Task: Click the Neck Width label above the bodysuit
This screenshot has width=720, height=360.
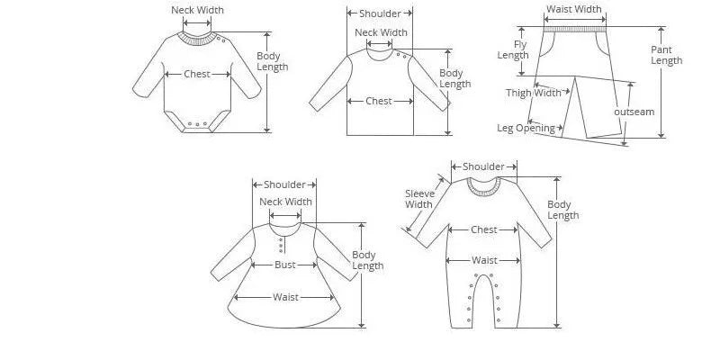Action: pyautogui.click(x=197, y=11)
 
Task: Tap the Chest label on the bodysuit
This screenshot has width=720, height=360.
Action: pyautogui.click(x=197, y=75)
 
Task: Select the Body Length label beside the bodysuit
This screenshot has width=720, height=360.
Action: pyautogui.click(x=272, y=61)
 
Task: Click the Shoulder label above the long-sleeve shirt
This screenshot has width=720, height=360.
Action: pyautogui.click(x=380, y=13)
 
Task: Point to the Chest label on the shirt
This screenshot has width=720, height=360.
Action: pyautogui.click(x=379, y=102)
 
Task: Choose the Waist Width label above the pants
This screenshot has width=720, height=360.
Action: pyautogui.click(x=574, y=10)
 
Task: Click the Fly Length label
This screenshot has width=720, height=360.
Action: pyautogui.click(x=514, y=49)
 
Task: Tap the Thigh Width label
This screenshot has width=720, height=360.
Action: pyautogui.click(x=534, y=93)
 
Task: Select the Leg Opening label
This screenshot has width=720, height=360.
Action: pyautogui.click(x=526, y=128)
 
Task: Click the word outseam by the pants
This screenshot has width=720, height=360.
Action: pyautogui.click(x=634, y=112)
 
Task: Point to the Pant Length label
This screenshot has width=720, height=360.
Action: pyautogui.click(x=667, y=55)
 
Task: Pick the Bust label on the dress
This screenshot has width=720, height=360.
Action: pyautogui.click(x=285, y=265)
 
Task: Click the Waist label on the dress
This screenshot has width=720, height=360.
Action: pyautogui.click(x=285, y=297)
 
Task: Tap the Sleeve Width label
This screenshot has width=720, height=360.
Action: pyautogui.click(x=418, y=199)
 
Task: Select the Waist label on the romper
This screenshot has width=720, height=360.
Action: pyautogui.click(x=484, y=261)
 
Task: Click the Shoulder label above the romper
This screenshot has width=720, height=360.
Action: pyautogui.click(x=484, y=166)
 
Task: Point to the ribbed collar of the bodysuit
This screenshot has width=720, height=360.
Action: pyautogui.click(x=197, y=38)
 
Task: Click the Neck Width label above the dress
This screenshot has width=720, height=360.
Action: pyautogui.click(x=285, y=202)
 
